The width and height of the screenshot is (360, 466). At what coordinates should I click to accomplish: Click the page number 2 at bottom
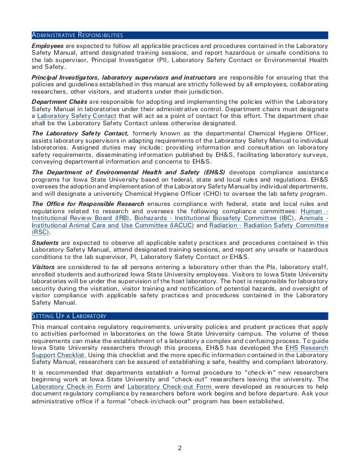tap(179, 449)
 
